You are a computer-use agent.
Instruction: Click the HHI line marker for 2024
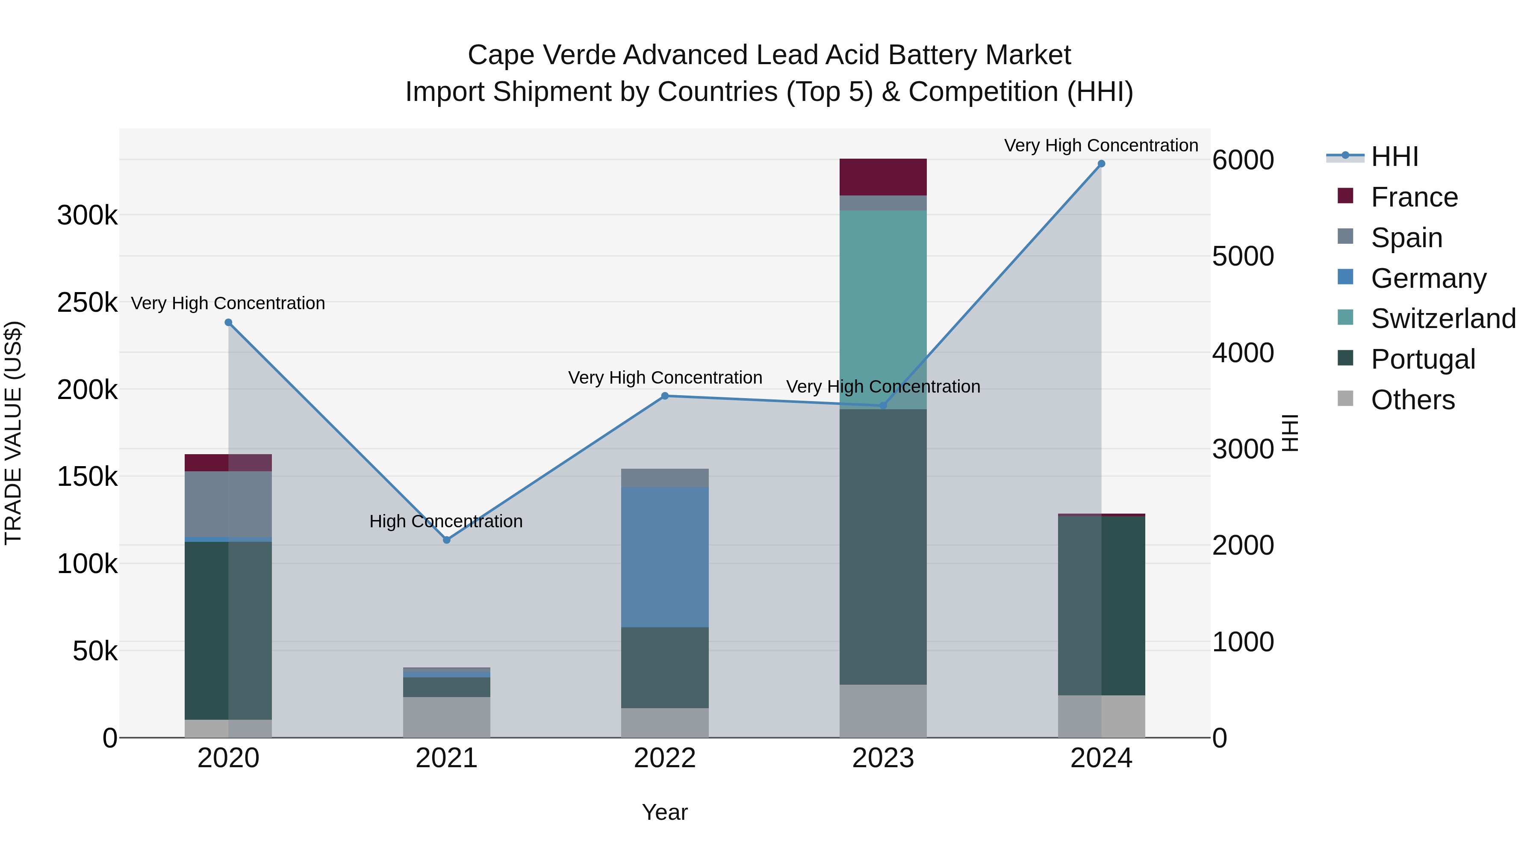click(x=1101, y=164)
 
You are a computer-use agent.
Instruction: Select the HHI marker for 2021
click(x=446, y=540)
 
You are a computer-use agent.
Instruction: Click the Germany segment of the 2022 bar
click(x=664, y=556)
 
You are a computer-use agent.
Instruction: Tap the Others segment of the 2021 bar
click(x=446, y=717)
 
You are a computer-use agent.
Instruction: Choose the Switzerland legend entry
click(x=1442, y=319)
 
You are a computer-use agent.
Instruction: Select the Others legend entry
click(x=1412, y=400)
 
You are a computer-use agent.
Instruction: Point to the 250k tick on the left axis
click(x=87, y=302)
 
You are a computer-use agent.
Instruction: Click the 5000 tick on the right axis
click(x=1243, y=257)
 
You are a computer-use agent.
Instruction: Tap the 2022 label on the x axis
click(x=664, y=758)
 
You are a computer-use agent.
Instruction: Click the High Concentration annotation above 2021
click(x=446, y=521)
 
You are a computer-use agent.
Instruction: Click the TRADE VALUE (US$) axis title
click(x=13, y=433)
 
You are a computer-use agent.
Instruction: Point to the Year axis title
click(x=664, y=812)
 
